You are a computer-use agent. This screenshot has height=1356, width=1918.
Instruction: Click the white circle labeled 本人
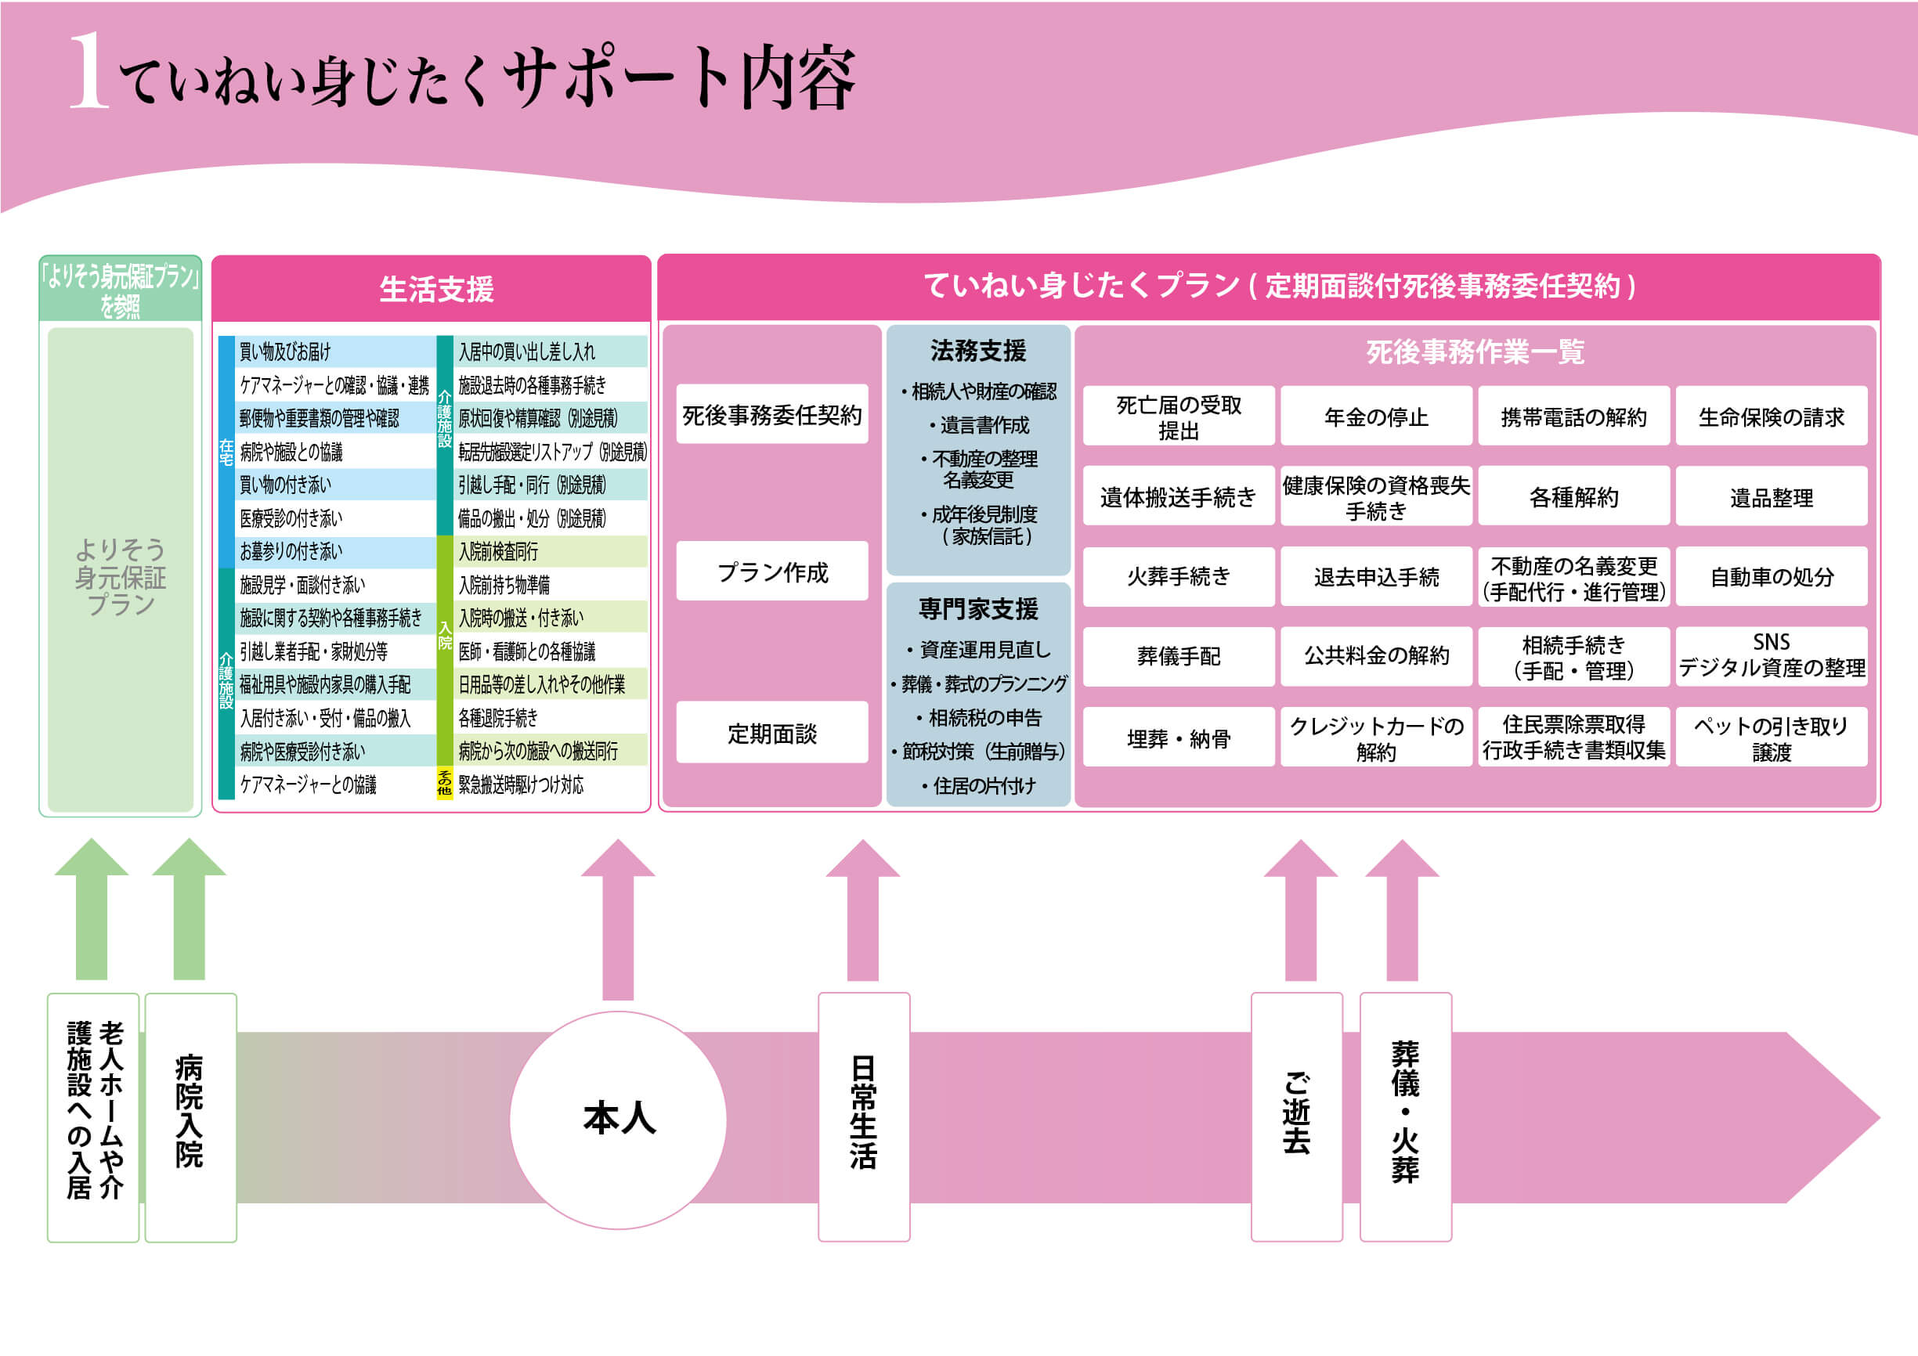pyautogui.click(x=618, y=1120)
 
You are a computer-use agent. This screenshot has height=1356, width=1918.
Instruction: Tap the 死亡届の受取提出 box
pyautogui.click(x=1179, y=417)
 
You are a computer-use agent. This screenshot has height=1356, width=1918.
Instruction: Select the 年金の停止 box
pyautogui.click(x=1376, y=417)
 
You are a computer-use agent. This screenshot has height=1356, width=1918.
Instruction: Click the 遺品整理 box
pyautogui.click(x=1771, y=498)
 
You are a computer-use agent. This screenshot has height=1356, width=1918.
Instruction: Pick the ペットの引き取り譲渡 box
pyautogui.click(x=1771, y=738)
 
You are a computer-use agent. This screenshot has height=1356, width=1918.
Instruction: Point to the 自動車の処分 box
pyautogui.click(x=1771, y=577)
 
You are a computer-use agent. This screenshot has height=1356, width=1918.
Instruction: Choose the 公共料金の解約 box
pyautogui.click(x=1376, y=656)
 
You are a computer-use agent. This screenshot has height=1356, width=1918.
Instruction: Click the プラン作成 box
pyautogui.click(x=772, y=572)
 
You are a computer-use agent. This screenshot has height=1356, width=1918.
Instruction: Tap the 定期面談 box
pyautogui.click(x=772, y=733)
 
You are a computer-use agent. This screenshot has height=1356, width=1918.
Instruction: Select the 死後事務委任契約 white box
pyautogui.click(x=772, y=415)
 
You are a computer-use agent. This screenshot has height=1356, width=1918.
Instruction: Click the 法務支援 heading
pyautogui.click(x=978, y=351)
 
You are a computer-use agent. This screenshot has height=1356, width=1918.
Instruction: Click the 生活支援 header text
pyautogui.click(x=436, y=289)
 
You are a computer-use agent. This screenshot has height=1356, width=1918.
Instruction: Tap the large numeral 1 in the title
pyautogui.click(x=88, y=72)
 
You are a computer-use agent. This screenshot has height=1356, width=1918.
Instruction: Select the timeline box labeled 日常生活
pyautogui.click(x=863, y=1116)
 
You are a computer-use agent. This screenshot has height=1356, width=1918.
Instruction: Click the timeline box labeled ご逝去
pyautogui.click(x=1296, y=1116)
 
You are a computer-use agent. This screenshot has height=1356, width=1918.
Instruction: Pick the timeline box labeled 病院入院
pyautogui.click(x=190, y=1117)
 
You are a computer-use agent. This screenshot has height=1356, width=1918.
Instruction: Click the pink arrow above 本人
pyautogui.click(x=618, y=918)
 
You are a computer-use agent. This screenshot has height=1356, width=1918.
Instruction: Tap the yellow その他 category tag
pyautogui.click(x=444, y=783)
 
